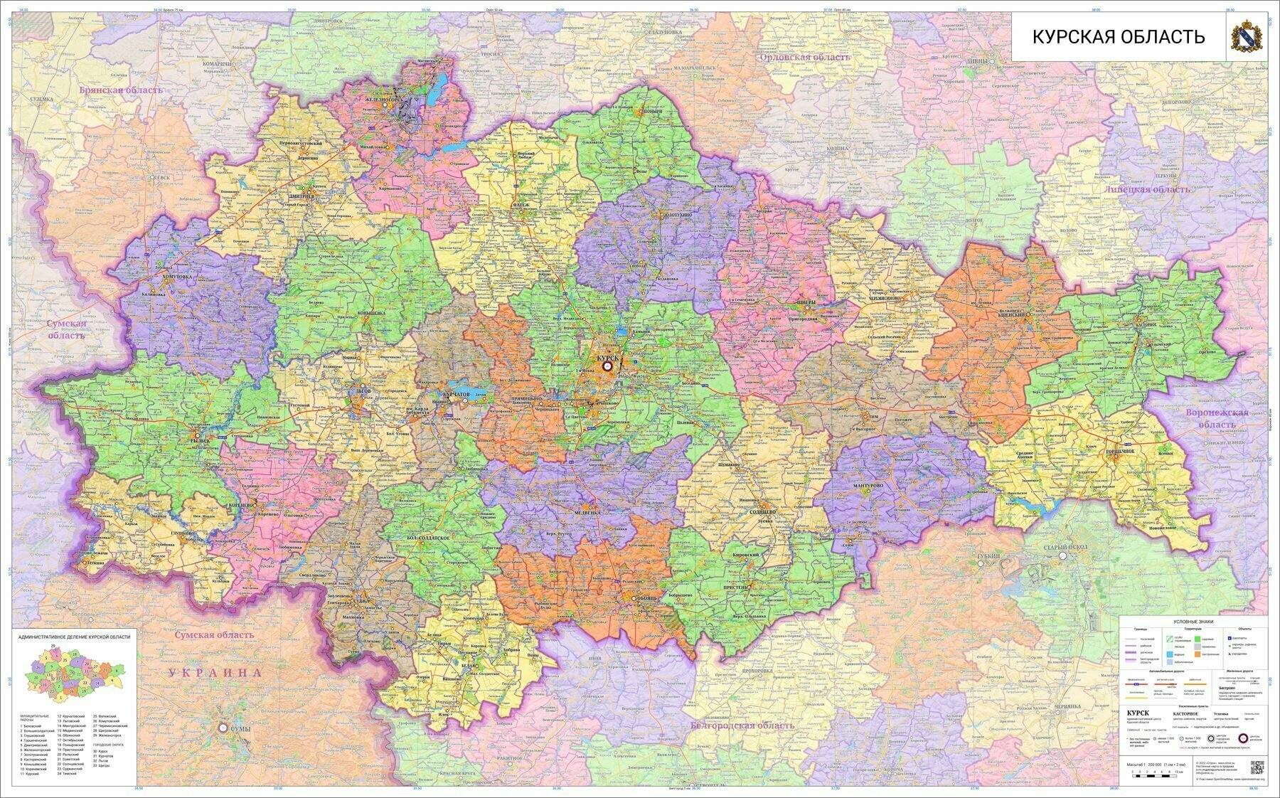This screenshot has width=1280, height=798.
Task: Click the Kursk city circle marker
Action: pyautogui.click(x=607, y=366)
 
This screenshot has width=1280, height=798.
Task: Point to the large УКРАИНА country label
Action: pyautogui.click(x=215, y=672)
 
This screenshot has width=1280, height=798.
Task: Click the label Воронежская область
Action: pyautogui.click(x=1217, y=418)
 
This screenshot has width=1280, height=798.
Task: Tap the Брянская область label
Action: pyautogui.click(x=121, y=90)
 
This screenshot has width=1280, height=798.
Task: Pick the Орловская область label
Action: pyautogui.click(x=805, y=58)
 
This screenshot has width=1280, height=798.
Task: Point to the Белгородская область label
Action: pyautogui.click(x=742, y=725)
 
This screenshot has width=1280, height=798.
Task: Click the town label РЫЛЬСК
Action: pyautogui.click(x=201, y=440)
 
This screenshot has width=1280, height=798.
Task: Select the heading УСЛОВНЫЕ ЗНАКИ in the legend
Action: pyautogui.click(x=1194, y=622)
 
